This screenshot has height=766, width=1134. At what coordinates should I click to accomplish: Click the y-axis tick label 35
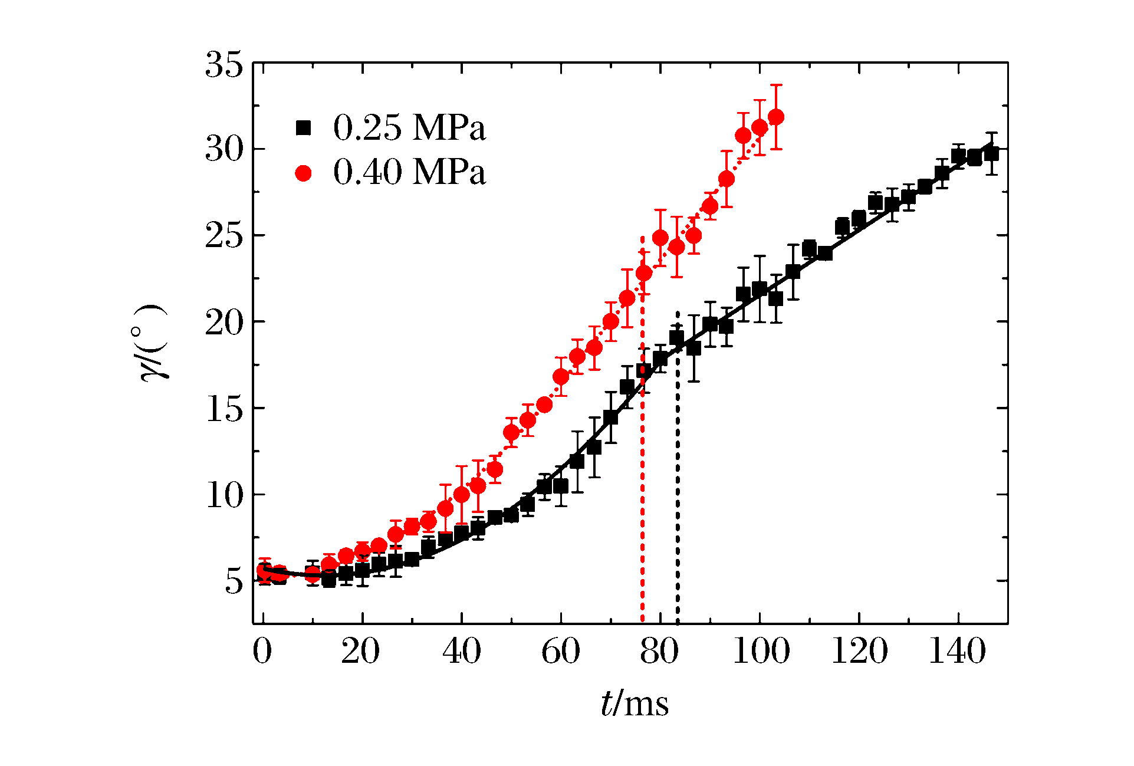pyautogui.click(x=224, y=64)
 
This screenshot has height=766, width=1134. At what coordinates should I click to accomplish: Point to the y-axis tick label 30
pyautogui.click(x=224, y=150)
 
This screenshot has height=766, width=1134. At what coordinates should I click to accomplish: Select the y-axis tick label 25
pyautogui.click(x=224, y=236)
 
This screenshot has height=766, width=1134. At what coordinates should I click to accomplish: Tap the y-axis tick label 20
pyautogui.click(x=224, y=323)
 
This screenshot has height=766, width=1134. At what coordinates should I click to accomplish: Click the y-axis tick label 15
pyautogui.click(x=224, y=409)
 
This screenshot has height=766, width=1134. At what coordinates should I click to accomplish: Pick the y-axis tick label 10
pyautogui.click(x=224, y=495)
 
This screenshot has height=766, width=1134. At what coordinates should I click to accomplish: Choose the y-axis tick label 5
pyautogui.click(x=234, y=581)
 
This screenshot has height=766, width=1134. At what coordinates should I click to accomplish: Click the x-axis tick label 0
pyautogui.click(x=262, y=652)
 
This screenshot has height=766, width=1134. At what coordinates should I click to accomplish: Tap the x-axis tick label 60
pyautogui.click(x=560, y=652)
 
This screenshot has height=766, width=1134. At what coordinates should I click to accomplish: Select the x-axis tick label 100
pyautogui.click(x=761, y=652)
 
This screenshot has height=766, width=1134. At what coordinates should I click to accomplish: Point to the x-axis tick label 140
pyautogui.click(x=958, y=652)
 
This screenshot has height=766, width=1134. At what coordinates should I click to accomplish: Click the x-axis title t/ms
pyautogui.click(x=635, y=704)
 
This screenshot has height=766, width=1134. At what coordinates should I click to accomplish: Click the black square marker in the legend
pyautogui.click(x=303, y=128)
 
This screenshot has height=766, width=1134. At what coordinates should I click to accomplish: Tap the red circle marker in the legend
pyautogui.click(x=303, y=173)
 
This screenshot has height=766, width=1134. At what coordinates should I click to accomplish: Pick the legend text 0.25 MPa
pyautogui.click(x=409, y=127)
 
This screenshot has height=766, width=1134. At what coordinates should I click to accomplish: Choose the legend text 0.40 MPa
pyautogui.click(x=409, y=172)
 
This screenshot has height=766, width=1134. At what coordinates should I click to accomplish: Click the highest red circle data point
pyautogui.click(x=776, y=117)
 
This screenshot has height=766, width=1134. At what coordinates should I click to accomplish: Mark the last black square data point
pyautogui.click(x=991, y=153)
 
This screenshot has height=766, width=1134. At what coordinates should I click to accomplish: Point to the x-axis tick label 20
pyautogui.click(x=360, y=652)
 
